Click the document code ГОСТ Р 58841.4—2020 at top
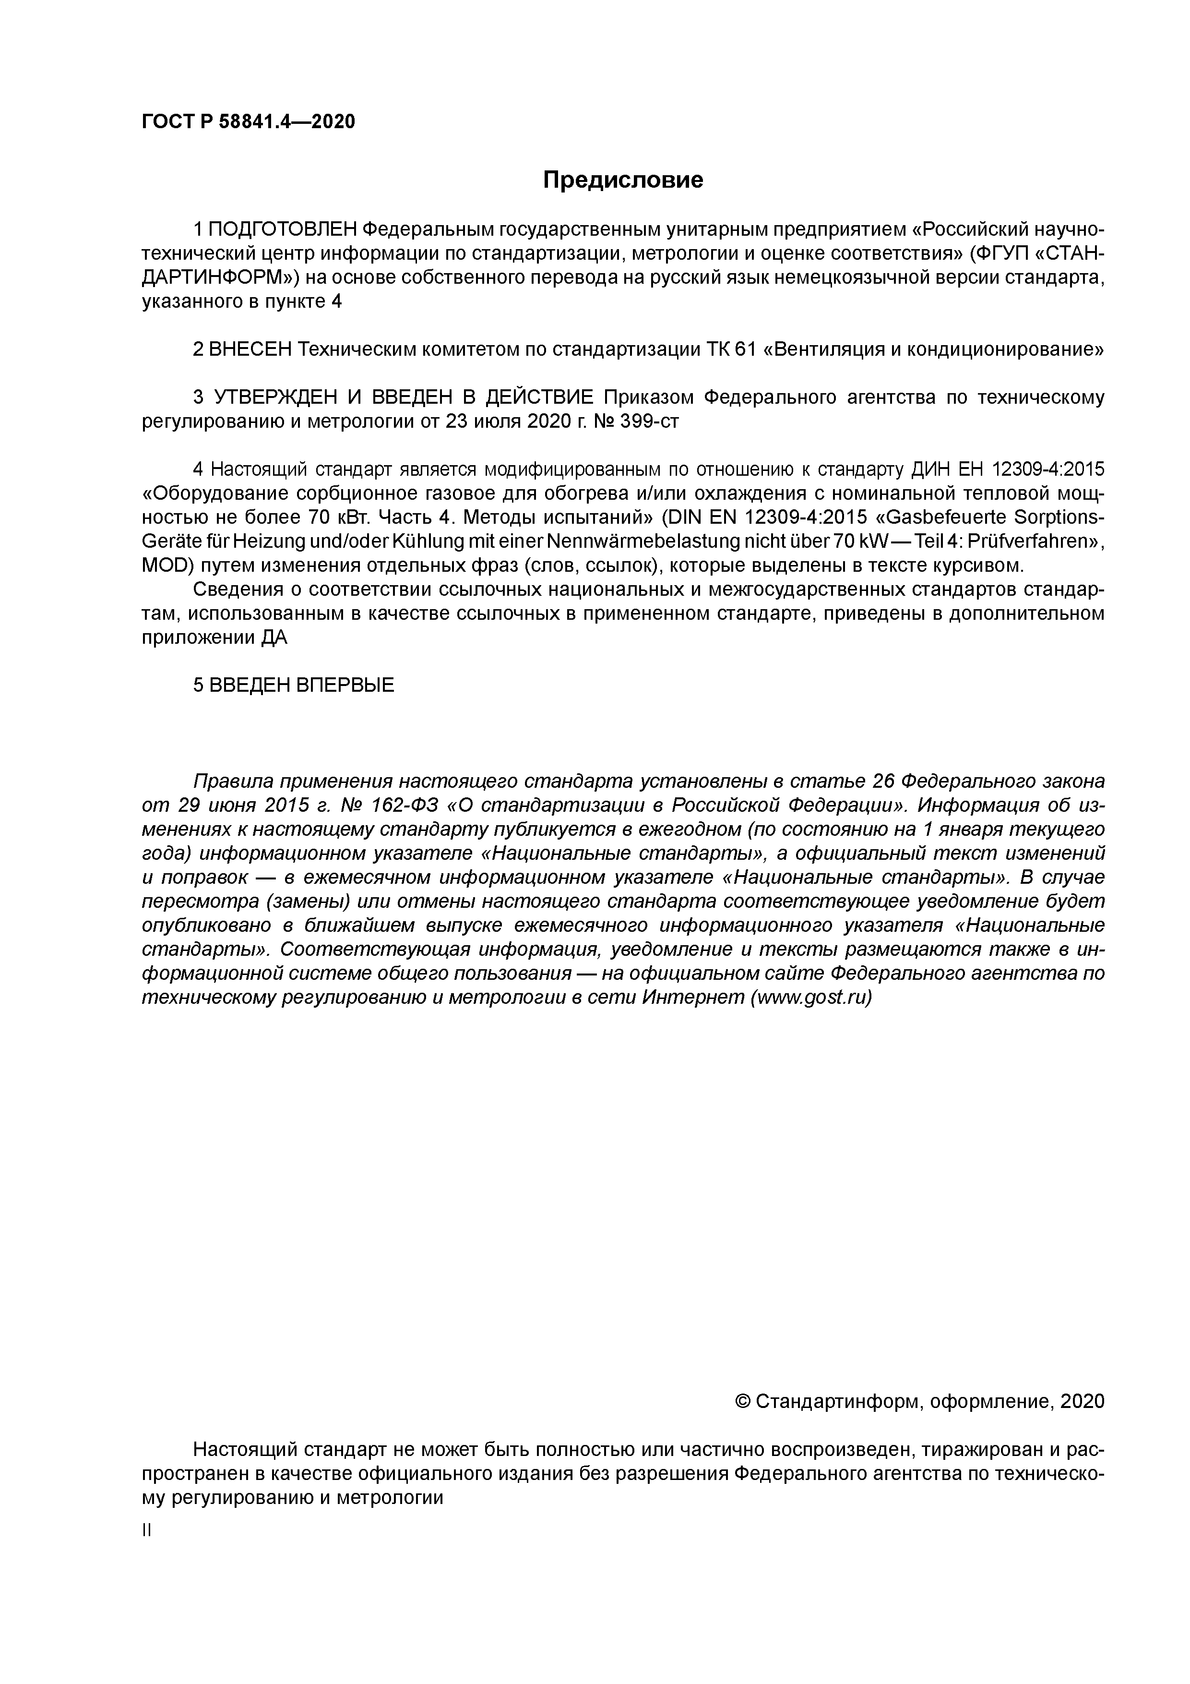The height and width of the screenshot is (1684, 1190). (x=248, y=122)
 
